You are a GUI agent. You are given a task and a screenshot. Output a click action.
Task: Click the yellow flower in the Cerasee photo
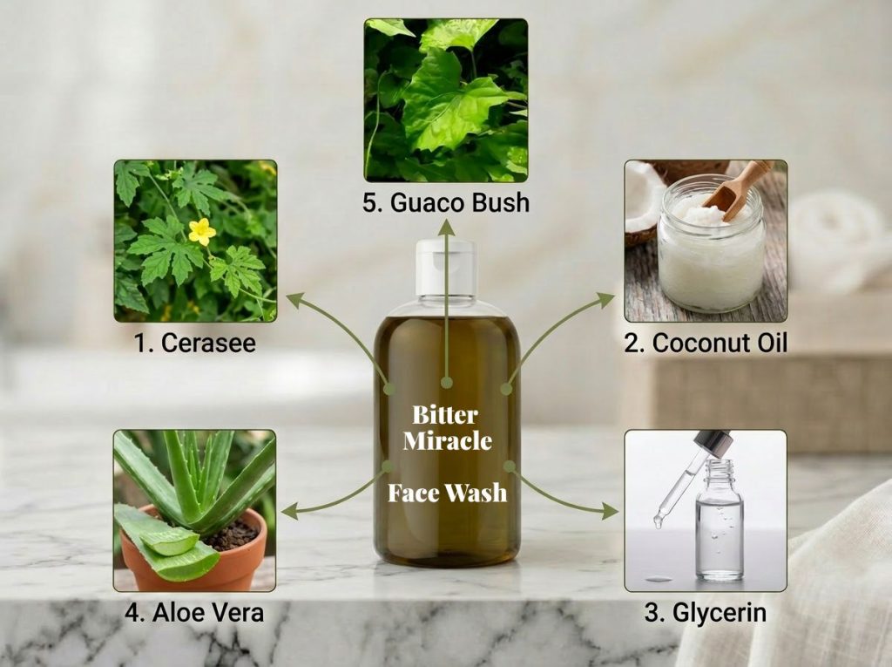point(201,231)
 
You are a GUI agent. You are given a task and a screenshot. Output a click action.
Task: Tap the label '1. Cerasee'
point(195,343)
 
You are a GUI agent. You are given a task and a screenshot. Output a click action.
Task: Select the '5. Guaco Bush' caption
point(446,202)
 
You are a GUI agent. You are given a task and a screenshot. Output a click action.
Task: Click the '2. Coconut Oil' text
point(706,343)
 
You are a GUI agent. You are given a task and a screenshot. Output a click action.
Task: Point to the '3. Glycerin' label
point(706,613)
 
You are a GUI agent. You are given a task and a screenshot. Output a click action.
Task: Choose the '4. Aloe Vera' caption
point(194,613)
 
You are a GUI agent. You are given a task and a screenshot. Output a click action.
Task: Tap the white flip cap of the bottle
point(445,268)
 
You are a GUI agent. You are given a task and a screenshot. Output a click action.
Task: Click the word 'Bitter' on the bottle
point(445,415)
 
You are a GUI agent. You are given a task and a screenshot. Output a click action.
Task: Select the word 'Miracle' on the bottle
point(447,441)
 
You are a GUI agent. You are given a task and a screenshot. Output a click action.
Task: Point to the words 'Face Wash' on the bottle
point(447,493)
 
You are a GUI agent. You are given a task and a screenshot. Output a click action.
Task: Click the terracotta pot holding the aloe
point(194,553)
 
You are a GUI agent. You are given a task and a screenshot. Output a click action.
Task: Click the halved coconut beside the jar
point(645,201)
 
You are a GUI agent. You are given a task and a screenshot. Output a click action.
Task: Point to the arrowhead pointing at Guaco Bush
point(446,226)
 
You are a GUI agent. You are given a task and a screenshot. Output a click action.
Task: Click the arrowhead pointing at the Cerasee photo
point(294,300)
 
